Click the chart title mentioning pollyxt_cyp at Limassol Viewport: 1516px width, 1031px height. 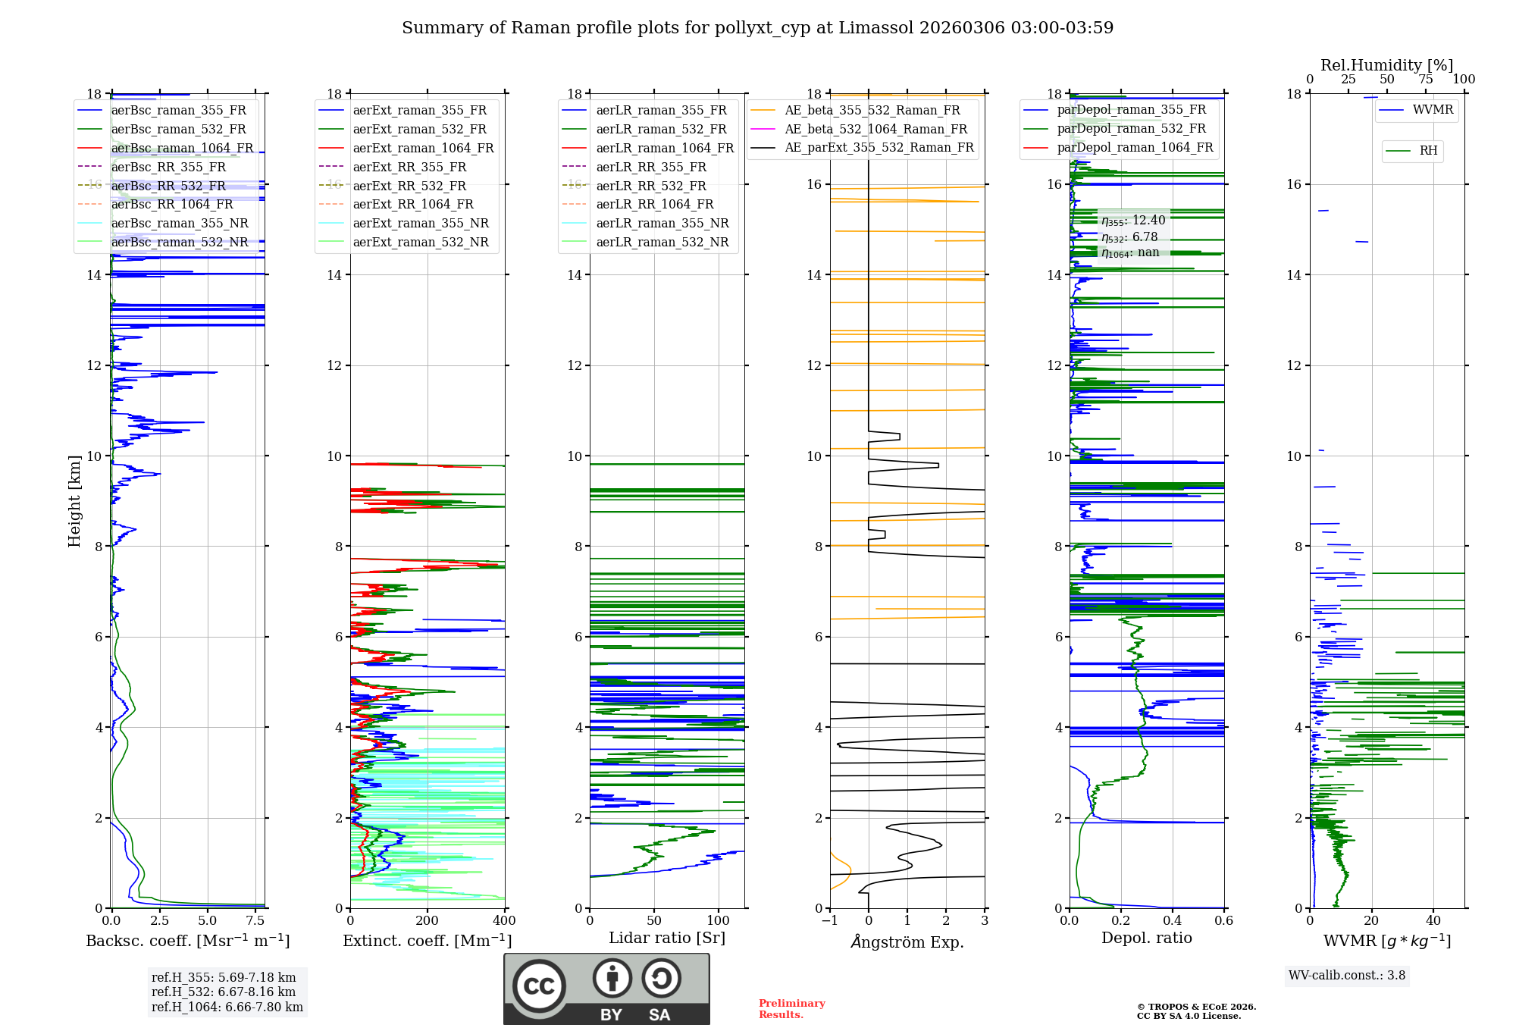pos(757,28)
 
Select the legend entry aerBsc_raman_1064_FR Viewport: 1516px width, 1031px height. pos(182,148)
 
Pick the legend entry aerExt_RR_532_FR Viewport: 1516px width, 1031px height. pos(409,186)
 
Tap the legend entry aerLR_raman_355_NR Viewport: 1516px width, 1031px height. pos(662,223)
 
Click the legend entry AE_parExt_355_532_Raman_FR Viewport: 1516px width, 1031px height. pos(879,147)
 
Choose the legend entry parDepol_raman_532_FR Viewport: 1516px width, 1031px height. pos(1131,129)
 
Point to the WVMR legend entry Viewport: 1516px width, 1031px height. pos(1432,110)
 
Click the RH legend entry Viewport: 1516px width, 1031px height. pos(1428,151)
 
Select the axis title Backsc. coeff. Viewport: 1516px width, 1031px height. pos(187,941)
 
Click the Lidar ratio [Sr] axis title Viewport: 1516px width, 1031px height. pos(667,938)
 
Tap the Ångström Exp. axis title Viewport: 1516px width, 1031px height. pos(907,942)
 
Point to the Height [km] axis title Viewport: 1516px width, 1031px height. pos(74,500)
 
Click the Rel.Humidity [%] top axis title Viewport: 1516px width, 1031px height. pos(1386,65)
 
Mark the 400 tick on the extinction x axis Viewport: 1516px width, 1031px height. pos(504,921)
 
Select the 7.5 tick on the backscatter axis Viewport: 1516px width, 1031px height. pos(255,921)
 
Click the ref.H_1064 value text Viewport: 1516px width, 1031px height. pos(227,1007)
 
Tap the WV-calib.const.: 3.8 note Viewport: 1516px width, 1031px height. pos(1347,976)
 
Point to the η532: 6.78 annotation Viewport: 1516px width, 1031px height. pos(1129,237)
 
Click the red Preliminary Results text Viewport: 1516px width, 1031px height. pos(791,1009)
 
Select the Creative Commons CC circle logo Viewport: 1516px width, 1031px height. pos(539,986)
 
